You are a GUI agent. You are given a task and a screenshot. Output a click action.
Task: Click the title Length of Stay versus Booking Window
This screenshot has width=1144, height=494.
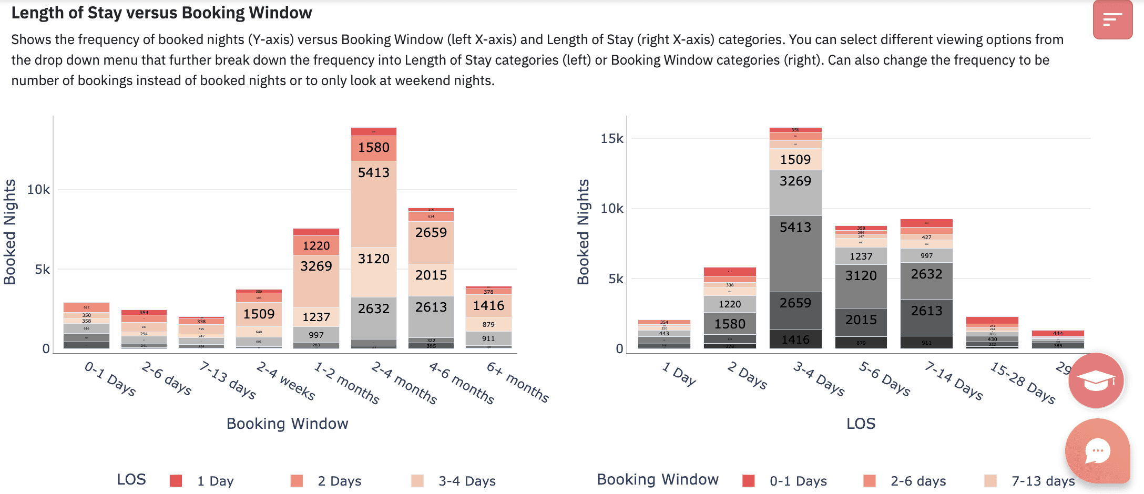coord(161,13)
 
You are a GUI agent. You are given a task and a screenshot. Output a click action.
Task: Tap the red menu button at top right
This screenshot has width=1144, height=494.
coord(1112,20)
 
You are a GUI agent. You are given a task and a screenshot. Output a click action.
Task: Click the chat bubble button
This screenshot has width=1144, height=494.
coord(1097,451)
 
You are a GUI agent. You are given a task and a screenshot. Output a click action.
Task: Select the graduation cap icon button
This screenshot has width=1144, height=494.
coord(1096,380)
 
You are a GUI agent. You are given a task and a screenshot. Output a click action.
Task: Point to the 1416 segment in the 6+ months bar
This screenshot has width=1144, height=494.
coord(488,305)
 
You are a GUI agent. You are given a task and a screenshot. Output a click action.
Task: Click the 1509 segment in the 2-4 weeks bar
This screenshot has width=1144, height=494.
coord(259,314)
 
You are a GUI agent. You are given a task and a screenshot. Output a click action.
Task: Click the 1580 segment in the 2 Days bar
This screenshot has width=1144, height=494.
coord(729,324)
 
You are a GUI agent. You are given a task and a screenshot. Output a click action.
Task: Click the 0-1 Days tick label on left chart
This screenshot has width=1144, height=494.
coord(110,378)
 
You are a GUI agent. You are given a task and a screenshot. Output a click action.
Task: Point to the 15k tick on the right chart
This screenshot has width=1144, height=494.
coord(611,139)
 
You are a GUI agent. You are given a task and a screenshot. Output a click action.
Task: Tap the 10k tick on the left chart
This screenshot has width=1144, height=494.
coord(38,190)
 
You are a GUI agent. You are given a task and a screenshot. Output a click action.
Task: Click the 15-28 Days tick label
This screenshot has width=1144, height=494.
coord(1023,382)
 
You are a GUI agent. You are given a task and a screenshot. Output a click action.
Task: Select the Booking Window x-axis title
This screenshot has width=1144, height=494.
coord(287,424)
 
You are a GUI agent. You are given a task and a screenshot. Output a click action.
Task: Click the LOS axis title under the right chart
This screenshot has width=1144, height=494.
coord(861,424)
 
